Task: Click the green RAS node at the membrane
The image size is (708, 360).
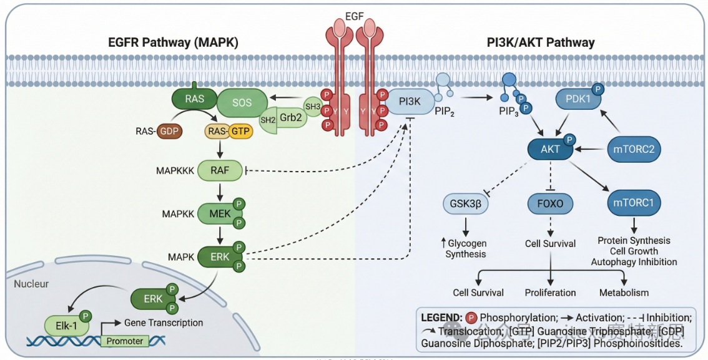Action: tap(194, 98)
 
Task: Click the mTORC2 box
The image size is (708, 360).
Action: tap(634, 149)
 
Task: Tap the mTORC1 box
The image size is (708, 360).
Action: tap(634, 202)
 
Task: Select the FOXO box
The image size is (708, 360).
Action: tap(550, 203)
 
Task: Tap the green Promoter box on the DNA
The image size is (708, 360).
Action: tap(125, 341)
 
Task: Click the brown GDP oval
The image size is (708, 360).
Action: tap(168, 131)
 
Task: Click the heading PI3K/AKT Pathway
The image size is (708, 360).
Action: tap(541, 43)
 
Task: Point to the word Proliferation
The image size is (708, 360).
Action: tap(550, 293)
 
